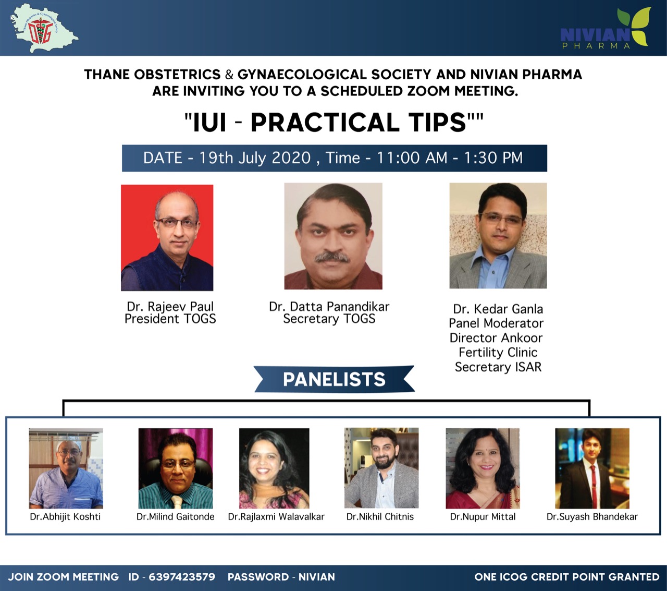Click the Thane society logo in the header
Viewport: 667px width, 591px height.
pos(44,28)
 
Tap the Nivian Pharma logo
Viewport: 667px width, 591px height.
pos(606,29)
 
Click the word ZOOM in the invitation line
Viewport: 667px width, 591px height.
pos(428,91)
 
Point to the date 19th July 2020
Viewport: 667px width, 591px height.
pos(255,158)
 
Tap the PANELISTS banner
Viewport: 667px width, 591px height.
pos(334,379)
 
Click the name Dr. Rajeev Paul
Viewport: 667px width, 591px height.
pos(170,307)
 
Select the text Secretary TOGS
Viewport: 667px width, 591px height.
pos(329,319)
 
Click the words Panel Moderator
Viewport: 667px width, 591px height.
pos(496,323)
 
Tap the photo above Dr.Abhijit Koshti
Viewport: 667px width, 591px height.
pos(66,468)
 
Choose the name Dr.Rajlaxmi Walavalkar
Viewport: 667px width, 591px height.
pos(276,516)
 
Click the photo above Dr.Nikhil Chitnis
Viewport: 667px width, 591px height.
pos(381,468)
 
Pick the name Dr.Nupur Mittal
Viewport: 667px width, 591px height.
pos(483,516)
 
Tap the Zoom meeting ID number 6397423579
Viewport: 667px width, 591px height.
pos(182,577)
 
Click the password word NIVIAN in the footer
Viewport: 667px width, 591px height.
pos(317,577)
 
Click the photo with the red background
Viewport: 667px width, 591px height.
pos(167,238)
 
